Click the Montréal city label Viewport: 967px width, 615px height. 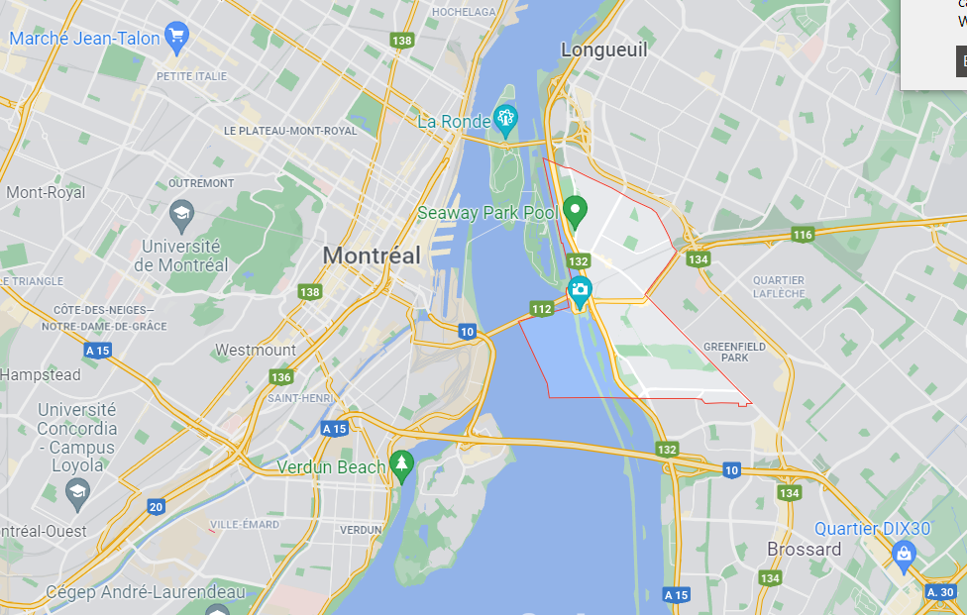[372, 255]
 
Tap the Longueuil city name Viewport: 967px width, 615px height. [603, 50]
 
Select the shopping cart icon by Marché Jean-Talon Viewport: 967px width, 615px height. [177, 39]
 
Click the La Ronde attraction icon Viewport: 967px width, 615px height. [506, 121]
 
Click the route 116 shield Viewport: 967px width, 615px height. [803, 235]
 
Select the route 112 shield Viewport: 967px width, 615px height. [541, 309]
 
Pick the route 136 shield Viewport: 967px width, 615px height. [281, 377]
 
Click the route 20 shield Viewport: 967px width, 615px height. [156, 507]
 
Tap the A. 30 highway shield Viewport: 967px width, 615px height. [940, 591]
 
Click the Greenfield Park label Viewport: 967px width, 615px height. [726, 352]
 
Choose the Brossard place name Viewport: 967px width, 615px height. [804, 550]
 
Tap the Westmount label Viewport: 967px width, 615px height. [256, 350]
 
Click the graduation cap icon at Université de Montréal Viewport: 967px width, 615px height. [181, 213]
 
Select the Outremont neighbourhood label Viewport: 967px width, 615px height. [201, 183]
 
